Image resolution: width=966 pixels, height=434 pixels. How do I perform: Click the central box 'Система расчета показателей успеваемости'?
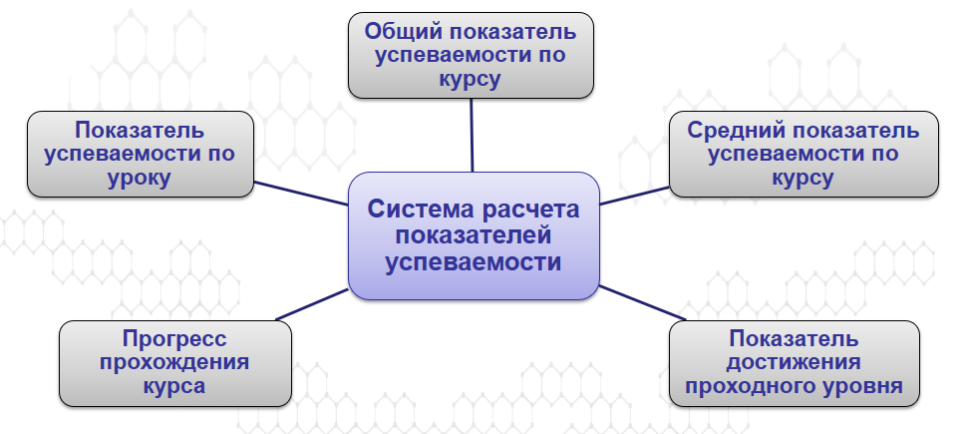pyautogui.click(x=473, y=236)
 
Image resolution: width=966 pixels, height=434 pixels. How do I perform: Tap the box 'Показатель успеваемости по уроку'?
pyautogui.click(x=141, y=154)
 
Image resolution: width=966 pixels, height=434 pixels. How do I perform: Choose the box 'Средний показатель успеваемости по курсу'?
pyautogui.click(x=803, y=154)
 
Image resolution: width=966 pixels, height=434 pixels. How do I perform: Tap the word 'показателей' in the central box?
pyautogui.click(x=473, y=236)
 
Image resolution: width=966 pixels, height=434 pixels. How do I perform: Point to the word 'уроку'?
pyautogui.click(x=141, y=179)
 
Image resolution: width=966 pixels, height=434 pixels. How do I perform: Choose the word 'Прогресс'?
pyautogui.click(x=175, y=336)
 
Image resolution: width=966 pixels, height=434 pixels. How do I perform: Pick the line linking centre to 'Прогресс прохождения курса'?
pyautogui.click(x=311, y=305)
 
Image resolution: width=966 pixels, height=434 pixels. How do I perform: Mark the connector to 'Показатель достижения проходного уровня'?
pyautogui.click(x=634, y=303)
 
